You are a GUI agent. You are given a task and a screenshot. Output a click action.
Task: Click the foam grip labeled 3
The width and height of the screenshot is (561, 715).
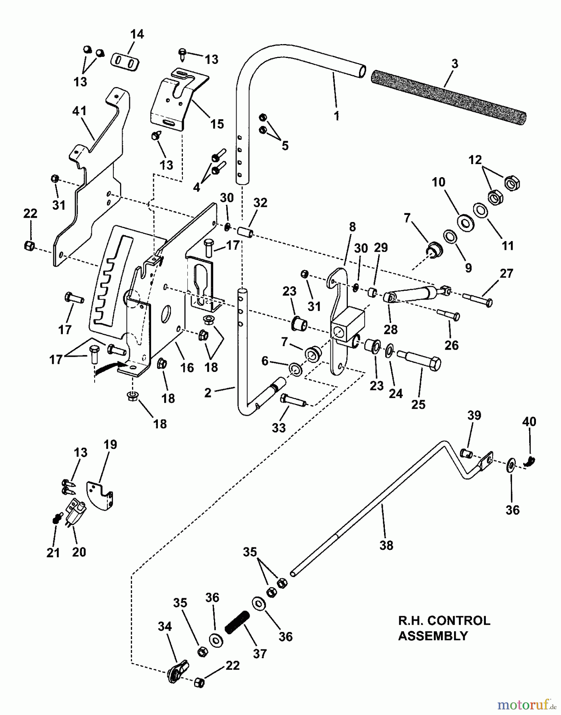(x=448, y=94)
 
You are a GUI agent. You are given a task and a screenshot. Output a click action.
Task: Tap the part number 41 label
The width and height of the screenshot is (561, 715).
(x=80, y=111)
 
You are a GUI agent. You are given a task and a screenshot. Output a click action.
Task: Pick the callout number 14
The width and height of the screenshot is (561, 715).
(x=137, y=35)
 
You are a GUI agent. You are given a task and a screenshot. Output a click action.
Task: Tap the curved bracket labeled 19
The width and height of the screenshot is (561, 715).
(x=100, y=495)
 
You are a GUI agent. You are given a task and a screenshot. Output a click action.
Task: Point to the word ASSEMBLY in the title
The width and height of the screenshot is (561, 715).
(x=433, y=636)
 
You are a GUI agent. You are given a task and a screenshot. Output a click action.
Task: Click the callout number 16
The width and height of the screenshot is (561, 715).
(x=187, y=367)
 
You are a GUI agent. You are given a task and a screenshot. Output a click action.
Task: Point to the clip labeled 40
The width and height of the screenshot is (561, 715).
(x=531, y=460)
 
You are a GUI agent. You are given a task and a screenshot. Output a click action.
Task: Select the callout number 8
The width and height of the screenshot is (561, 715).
(x=352, y=227)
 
